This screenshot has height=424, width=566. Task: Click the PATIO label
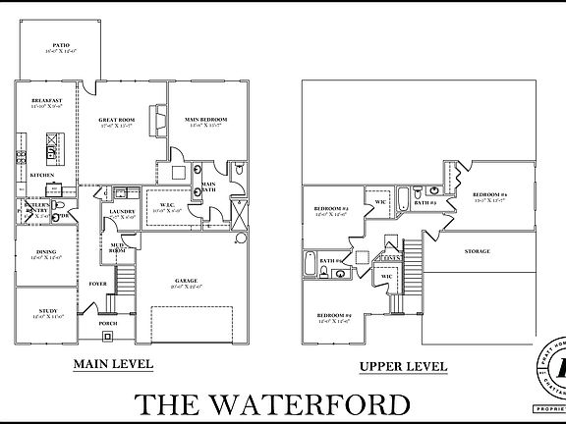tap(60, 45)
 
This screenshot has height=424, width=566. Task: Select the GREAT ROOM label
tap(116, 121)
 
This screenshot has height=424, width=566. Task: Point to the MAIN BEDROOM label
tap(204, 121)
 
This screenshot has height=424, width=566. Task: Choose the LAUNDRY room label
tap(122, 211)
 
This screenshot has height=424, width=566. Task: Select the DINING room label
tap(46, 251)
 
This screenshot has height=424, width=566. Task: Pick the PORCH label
tap(110, 320)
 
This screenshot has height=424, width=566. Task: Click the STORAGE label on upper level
tap(479, 251)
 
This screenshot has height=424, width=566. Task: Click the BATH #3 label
tap(424, 202)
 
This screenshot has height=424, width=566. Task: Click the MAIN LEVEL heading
tap(113, 364)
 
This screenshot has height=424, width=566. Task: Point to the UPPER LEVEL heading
tap(403, 366)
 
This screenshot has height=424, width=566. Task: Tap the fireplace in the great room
tap(155, 121)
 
